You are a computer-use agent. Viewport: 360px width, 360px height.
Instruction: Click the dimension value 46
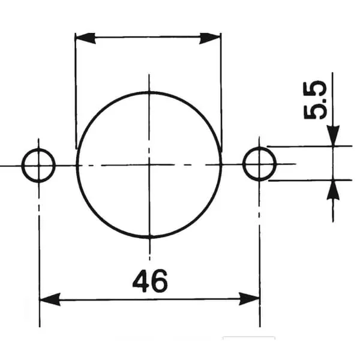click(151, 281)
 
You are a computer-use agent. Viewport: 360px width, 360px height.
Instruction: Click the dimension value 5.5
click(315, 100)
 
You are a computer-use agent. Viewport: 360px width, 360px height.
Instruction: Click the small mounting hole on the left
click(38, 166)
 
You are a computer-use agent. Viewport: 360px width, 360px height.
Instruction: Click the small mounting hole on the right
click(259, 164)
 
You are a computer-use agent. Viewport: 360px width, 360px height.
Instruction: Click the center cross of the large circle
click(149, 164)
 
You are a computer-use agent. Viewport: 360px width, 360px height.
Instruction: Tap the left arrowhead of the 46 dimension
click(50, 299)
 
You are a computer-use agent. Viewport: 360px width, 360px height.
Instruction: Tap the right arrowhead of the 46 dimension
click(250, 299)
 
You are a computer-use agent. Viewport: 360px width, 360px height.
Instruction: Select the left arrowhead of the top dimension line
click(85, 38)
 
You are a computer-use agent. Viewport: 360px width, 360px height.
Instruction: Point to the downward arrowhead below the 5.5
click(333, 136)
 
